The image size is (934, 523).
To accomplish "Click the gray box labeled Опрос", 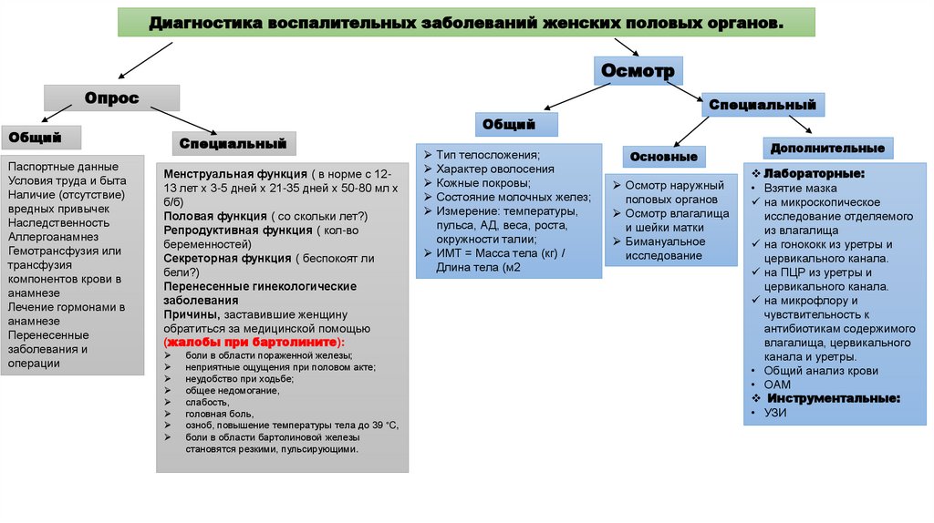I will click(x=112, y=97).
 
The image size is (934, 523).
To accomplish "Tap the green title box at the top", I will click(x=466, y=22).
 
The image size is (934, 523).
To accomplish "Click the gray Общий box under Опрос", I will click(x=41, y=138).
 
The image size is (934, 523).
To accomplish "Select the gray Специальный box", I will click(x=233, y=143).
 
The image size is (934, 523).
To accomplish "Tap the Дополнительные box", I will click(x=827, y=148).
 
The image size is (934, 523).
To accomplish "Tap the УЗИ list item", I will click(x=774, y=413).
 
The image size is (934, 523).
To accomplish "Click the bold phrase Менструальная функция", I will click(x=234, y=173).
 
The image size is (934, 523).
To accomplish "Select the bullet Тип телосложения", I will click(x=488, y=155).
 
